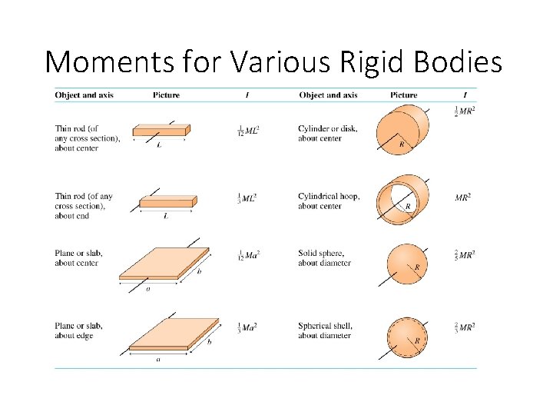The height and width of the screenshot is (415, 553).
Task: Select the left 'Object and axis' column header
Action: [84, 95]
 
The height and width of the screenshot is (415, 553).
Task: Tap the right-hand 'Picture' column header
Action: [404, 95]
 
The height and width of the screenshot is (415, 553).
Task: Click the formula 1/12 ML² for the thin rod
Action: [248, 131]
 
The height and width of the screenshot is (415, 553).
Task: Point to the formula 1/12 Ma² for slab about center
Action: [248, 255]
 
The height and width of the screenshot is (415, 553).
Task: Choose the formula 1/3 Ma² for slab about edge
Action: [247, 327]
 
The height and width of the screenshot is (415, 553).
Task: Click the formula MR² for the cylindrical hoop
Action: [463, 198]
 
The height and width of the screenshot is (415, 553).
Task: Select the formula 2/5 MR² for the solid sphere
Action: [465, 254]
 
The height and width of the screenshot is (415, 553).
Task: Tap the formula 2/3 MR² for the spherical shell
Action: [465, 327]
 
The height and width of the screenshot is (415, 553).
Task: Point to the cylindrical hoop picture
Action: [401, 199]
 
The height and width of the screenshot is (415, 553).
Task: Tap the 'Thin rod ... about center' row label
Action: [88, 138]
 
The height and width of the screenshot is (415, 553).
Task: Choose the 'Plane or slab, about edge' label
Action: [78, 330]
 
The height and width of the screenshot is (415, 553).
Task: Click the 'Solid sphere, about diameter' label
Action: [324, 258]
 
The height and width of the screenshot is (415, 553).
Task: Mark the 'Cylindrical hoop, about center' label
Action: [329, 201]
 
